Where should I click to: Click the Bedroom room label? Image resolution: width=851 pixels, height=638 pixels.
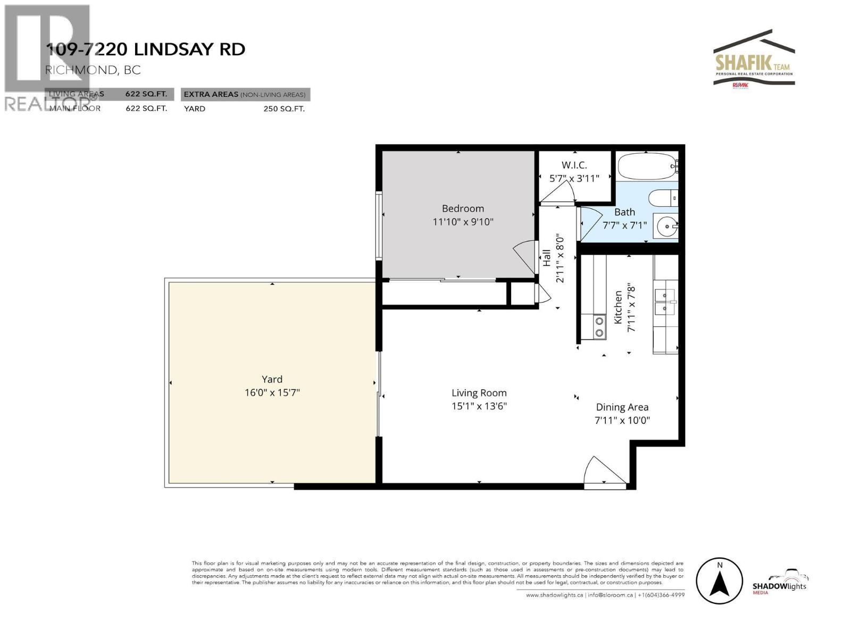[x=463, y=208]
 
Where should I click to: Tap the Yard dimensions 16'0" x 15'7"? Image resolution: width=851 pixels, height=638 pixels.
[x=272, y=393]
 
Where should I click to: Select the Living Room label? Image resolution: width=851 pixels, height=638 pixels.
[x=479, y=393]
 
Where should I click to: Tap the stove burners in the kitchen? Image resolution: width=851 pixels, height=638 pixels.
[x=599, y=326]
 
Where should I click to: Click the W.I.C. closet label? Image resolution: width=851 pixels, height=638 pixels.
[x=574, y=165]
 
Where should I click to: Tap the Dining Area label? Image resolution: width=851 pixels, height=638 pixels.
[x=622, y=407]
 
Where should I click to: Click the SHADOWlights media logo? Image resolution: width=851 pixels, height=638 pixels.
[x=779, y=584]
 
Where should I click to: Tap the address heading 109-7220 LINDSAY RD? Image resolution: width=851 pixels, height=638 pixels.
[x=146, y=49]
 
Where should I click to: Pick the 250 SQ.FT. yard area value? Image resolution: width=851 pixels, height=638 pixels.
[x=284, y=108]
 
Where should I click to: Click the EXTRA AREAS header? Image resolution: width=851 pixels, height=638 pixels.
[x=245, y=95]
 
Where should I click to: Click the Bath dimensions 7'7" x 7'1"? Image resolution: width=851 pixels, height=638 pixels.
[x=624, y=225]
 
